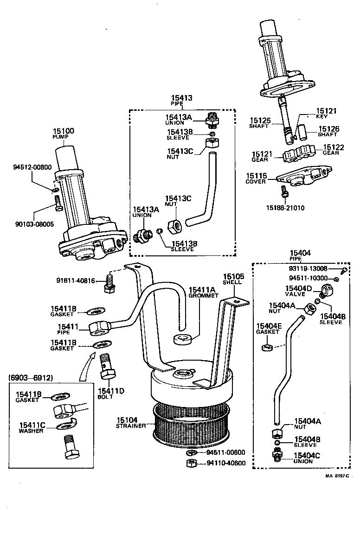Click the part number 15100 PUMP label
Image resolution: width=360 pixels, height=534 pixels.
pos(63,134)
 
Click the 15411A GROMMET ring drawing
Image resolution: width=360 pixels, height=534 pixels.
pos(183,340)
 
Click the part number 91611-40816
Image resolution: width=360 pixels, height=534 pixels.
pos(76,280)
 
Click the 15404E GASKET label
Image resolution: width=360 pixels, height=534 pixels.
pos(268,329)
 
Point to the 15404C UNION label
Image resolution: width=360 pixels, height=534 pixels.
pos(307,458)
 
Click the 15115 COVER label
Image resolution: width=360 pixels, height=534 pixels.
pos(256,178)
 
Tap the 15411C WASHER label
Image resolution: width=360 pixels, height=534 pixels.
pos(32,427)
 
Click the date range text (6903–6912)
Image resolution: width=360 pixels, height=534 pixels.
pos(31,378)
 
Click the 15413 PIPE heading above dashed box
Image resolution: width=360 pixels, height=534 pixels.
pos(181,100)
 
